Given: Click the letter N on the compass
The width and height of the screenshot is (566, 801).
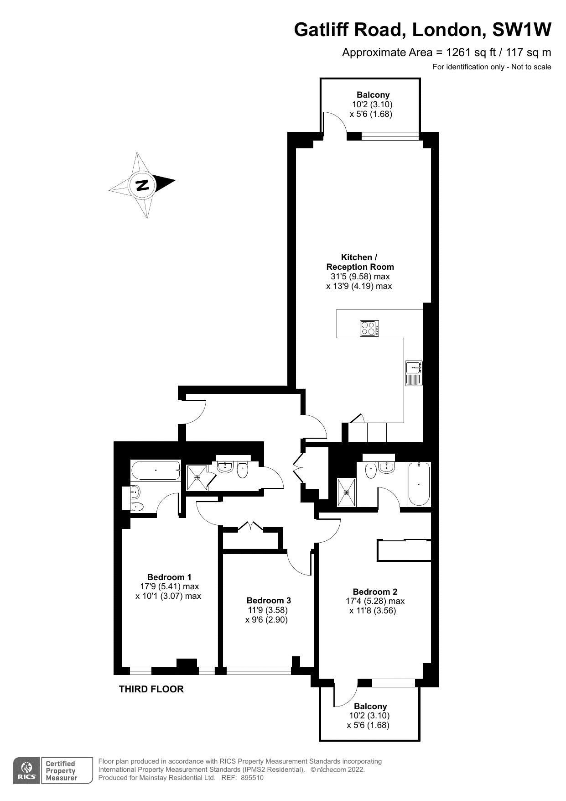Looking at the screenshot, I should click(143, 185).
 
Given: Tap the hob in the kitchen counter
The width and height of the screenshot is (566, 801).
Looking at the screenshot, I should click(370, 329).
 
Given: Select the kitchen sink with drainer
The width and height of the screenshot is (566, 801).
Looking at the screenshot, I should click(414, 373).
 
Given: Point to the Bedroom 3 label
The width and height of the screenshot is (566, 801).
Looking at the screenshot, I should click(269, 600).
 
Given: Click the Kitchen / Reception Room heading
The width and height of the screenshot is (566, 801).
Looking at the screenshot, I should click(359, 262).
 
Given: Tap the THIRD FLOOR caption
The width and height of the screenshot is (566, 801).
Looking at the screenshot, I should click(151, 689).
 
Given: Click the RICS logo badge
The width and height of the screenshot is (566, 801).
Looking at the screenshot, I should click(26, 771).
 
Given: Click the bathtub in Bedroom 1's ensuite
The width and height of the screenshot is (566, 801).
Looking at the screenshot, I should click(155, 470).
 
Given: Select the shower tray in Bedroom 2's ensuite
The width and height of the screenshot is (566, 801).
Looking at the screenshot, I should click(346, 492).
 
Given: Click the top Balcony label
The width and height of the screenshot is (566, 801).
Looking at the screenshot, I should click(373, 95).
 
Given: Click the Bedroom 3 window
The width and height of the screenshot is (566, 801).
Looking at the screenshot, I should click(259, 670).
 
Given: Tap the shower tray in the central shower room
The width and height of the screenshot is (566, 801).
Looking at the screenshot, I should click(197, 477).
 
